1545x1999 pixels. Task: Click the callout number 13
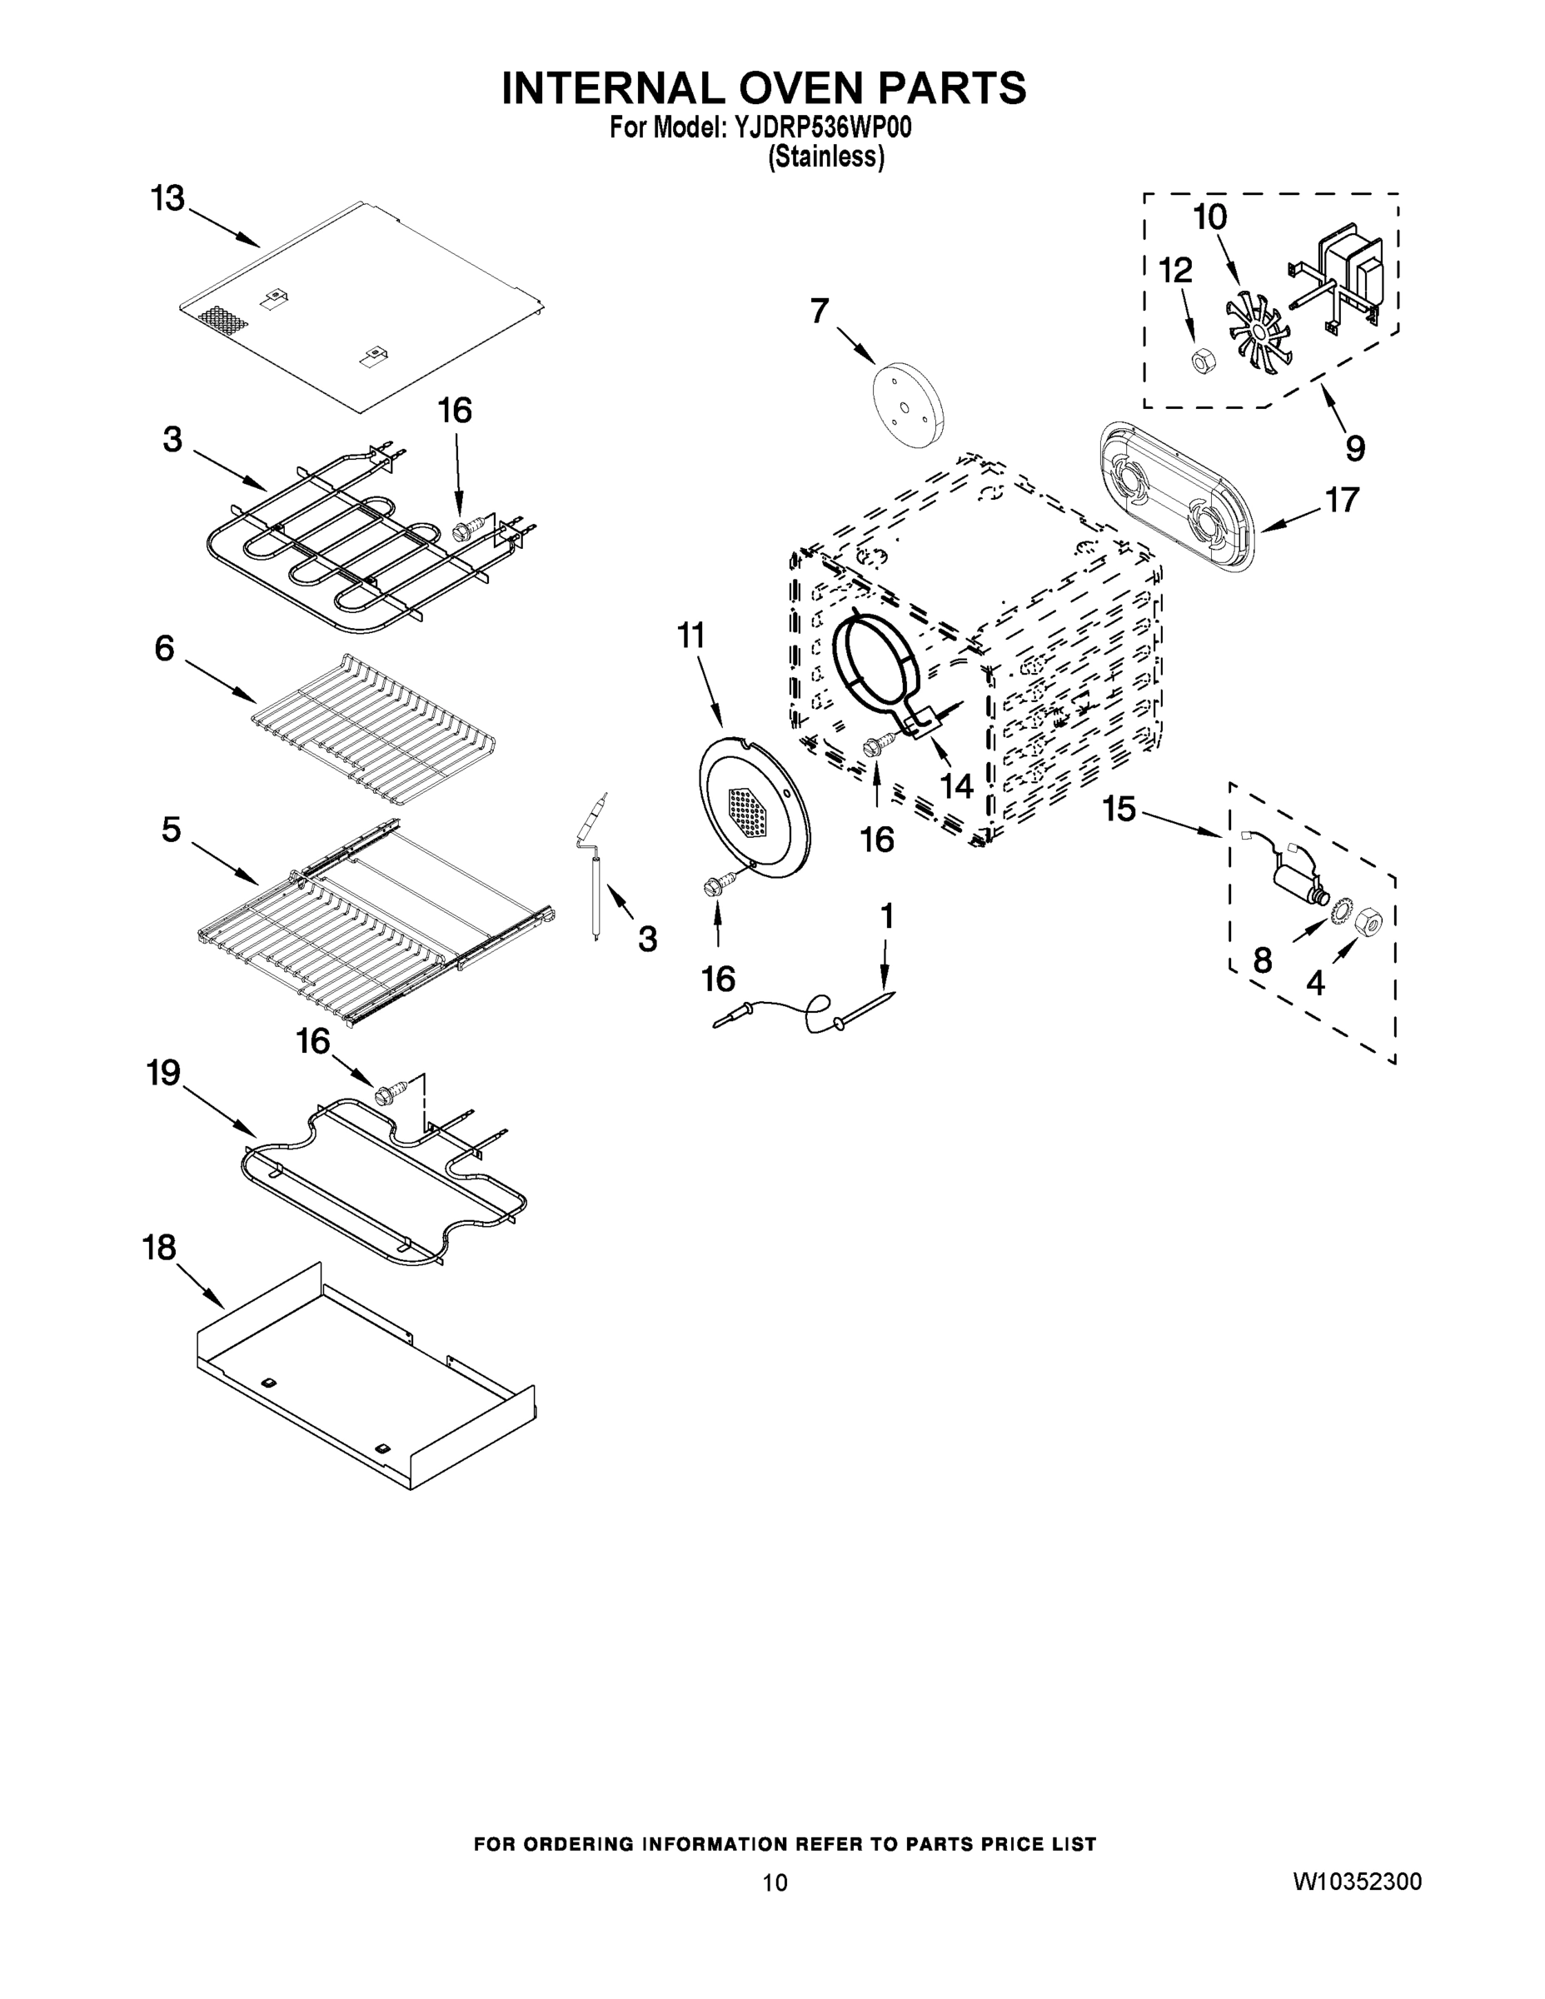(x=167, y=198)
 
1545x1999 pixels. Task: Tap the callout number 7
(x=820, y=312)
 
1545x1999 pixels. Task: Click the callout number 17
(x=1342, y=500)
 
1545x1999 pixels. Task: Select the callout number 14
(x=956, y=785)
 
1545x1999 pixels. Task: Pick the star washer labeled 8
(x=1342, y=909)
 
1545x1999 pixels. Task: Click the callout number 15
(x=1119, y=809)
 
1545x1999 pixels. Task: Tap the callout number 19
(x=164, y=1073)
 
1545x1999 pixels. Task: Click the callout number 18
(x=159, y=1249)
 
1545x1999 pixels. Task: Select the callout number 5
(x=172, y=830)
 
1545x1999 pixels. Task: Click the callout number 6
(x=164, y=649)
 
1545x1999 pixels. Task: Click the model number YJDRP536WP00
(x=820, y=128)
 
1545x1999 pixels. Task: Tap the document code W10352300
(x=1357, y=1882)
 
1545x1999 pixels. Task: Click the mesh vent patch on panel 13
(x=223, y=318)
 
